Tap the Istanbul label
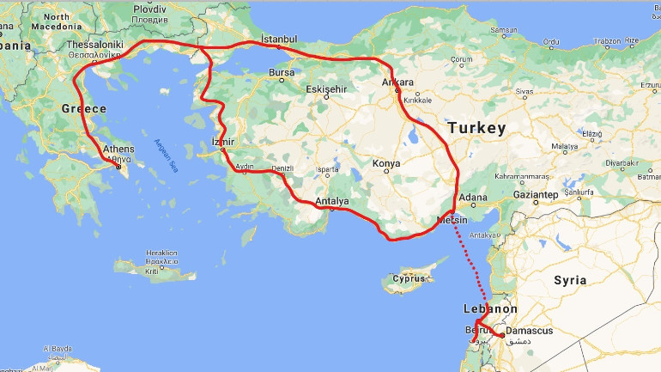[x=279, y=40]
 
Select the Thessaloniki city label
[x=95, y=45]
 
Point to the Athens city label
[x=118, y=149]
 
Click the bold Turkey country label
[x=476, y=127]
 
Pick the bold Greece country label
[x=83, y=108]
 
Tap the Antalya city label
[x=331, y=202]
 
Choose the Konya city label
[x=385, y=162]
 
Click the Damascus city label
[x=529, y=331]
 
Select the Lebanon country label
[x=490, y=308]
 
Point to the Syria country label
[x=570, y=280]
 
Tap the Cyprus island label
[x=409, y=278]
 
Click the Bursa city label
[x=282, y=73]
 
